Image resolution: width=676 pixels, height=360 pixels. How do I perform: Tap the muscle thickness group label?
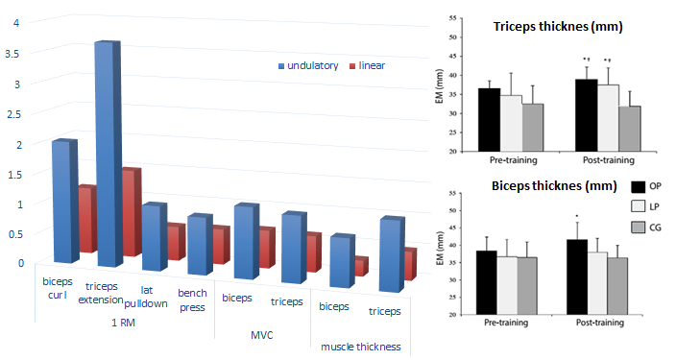(360, 346)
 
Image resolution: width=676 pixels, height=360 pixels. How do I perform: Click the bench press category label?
(192, 300)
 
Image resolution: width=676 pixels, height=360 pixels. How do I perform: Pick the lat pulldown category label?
(146, 295)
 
